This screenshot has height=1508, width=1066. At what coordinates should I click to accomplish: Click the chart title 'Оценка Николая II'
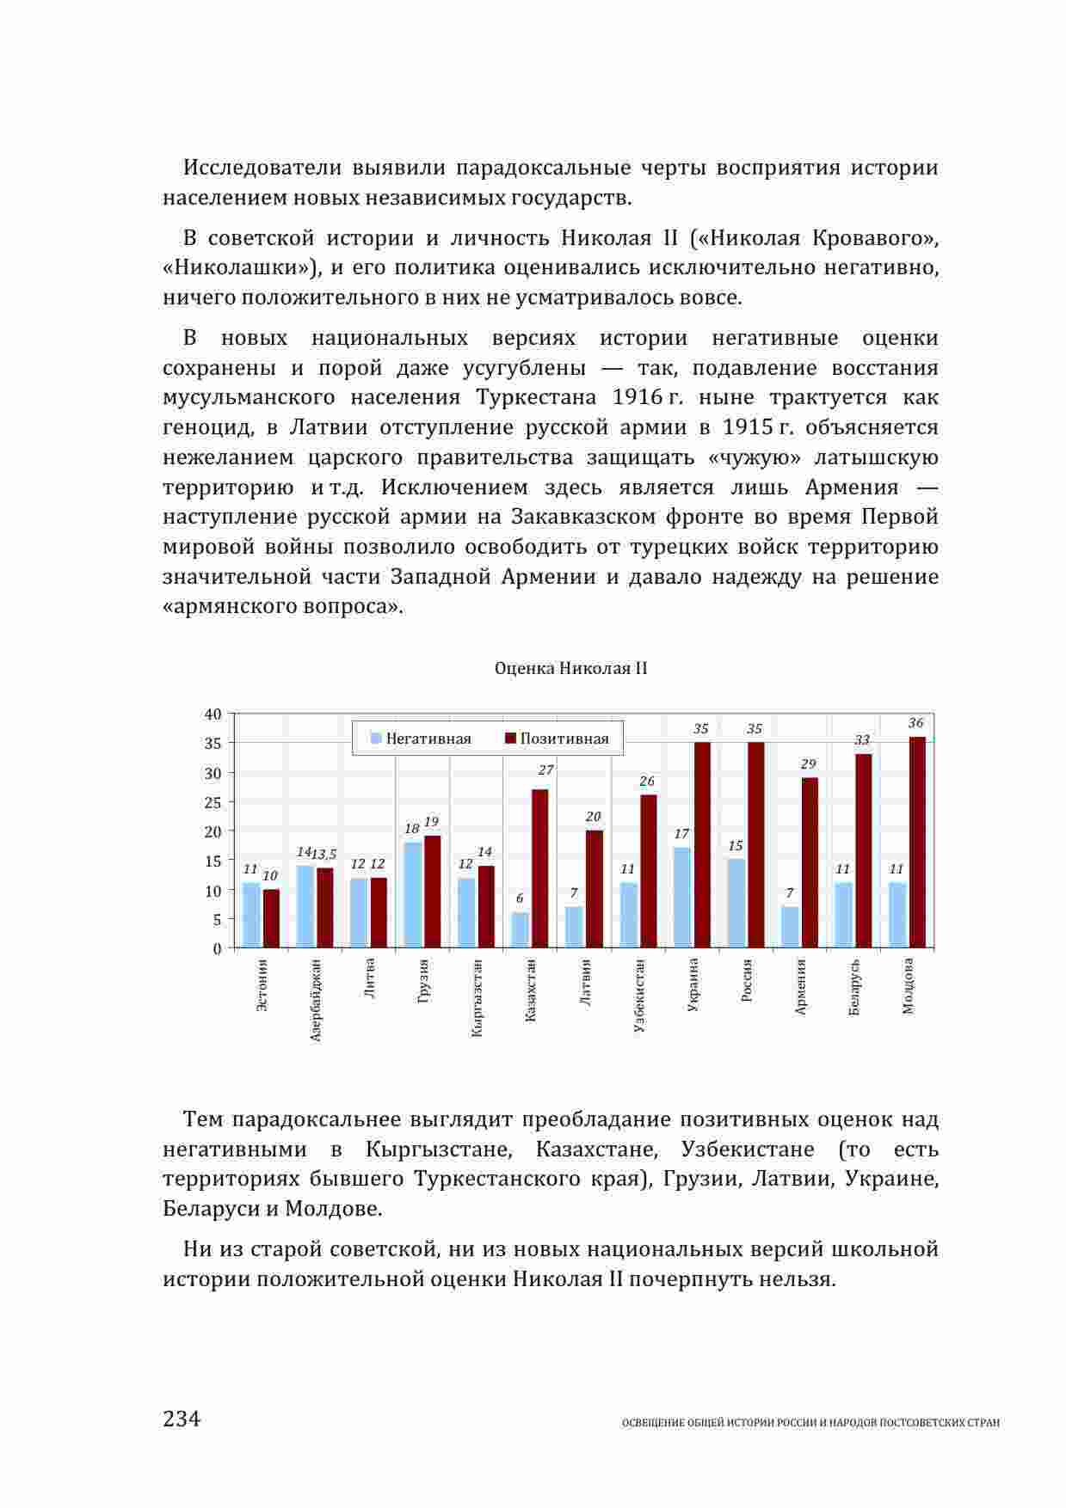pyautogui.click(x=570, y=669)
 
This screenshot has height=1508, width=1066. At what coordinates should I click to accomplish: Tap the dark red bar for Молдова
pyautogui.click(x=917, y=843)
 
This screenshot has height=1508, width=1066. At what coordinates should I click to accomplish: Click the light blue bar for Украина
pyautogui.click(x=681, y=898)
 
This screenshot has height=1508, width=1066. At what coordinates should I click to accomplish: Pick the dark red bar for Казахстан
pyautogui.click(x=540, y=868)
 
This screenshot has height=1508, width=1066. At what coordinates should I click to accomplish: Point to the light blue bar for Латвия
pyautogui.click(x=574, y=927)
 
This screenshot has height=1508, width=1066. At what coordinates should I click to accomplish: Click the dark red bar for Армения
pyautogui.click(x=810, y=862)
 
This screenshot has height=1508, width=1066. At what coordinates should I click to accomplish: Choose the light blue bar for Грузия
pyautogui.click(x=412, y=895)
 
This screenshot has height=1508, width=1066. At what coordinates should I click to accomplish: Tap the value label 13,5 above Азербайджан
pyautogui.click(x=323, y=855)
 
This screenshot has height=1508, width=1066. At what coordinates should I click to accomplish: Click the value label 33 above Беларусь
pyautogui.click(x=862, y=740)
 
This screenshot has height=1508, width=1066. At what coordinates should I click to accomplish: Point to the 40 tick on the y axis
pyautogui.click(x=213, y=714)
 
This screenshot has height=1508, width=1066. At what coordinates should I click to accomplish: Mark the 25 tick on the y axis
pyautogui.click(x=213, y=802)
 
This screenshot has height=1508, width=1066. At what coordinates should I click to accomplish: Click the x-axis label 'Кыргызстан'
pyautogui.click(x=478, y=997)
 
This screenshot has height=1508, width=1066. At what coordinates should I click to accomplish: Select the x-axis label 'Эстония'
pyautogui.click(x=262, y=985)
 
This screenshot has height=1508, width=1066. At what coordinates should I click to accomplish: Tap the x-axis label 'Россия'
pyautogui.click(x=747, y=981)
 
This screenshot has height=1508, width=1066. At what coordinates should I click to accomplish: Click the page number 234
pyautogui.click(x=182, y=1418)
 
